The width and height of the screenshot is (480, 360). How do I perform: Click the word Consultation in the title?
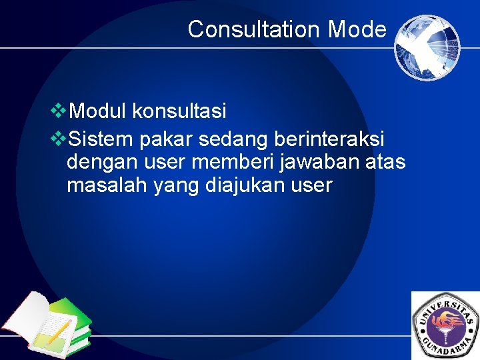point(254,29)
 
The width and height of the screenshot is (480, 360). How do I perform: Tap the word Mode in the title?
point(357,29)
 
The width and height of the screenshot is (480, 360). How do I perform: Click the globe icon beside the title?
point(427,47)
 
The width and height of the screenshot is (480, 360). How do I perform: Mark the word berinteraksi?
point(329,140)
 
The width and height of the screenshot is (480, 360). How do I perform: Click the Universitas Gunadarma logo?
point(446,326)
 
